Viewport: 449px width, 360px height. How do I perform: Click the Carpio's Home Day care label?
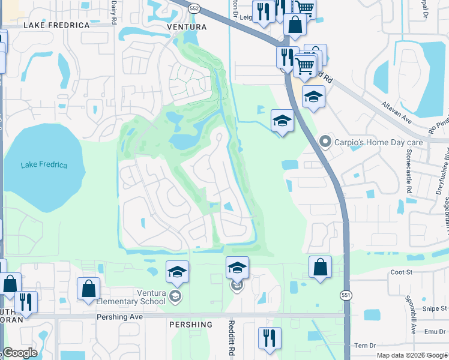(x=379, y=143)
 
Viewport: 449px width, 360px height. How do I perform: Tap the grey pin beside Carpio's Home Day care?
(x=326, y=142)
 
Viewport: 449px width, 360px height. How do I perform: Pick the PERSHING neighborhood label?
(x=191, y=325)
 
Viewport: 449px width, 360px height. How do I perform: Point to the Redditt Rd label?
(x=231, y=338)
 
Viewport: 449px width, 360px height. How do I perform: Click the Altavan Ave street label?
(x=397, y=112)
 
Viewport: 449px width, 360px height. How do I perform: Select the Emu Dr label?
(x=436, y=331)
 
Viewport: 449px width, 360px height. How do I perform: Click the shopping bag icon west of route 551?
(x=321, y=267)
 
